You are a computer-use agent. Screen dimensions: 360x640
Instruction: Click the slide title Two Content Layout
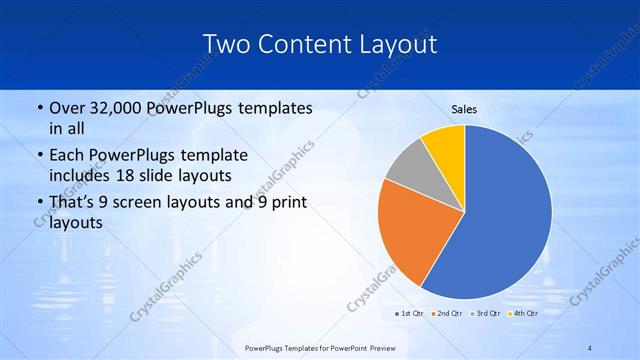[x=319, y=44]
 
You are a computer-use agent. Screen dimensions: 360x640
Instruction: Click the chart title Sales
[x=464, y=109]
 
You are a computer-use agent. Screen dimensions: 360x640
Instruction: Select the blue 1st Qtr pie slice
[x=510, y=220]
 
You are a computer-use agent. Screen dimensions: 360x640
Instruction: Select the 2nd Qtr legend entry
[x=448, y=314]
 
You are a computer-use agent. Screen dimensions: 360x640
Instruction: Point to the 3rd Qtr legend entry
[x=486, y=314]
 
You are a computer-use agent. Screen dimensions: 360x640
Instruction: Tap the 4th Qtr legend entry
[x=524, y=314]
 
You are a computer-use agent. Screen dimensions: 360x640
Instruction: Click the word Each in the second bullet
[x=65, y=156]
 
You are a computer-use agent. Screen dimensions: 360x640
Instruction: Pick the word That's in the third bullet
[x=71, y=204]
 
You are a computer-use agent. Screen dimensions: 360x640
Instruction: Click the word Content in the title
[x=304, y=44]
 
